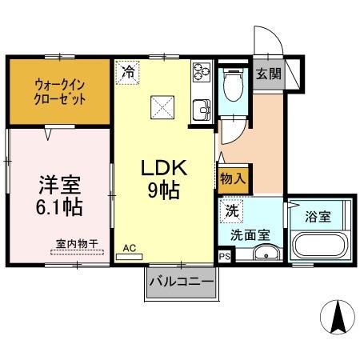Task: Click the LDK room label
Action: point(164,169)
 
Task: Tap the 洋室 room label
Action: point(60,185)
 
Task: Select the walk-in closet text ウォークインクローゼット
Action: point(59,93)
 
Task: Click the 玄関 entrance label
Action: point(269,74)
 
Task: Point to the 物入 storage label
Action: point(233,179)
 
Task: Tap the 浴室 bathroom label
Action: point(319,215)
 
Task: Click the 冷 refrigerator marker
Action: point(128,72)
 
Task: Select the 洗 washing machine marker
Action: point(231,213)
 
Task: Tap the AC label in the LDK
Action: point(129,249)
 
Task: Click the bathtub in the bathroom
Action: point(320,246)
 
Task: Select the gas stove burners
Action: point(200,74)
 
